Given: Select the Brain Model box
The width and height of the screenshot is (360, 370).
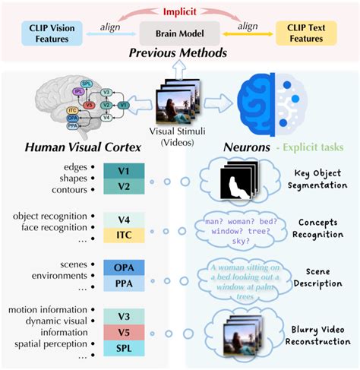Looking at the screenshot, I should click(x=179, y=34).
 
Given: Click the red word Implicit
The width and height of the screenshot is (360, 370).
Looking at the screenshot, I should click(x=179, y=12).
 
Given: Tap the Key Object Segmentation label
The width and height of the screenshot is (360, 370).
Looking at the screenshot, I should click(x=320, y=179).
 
